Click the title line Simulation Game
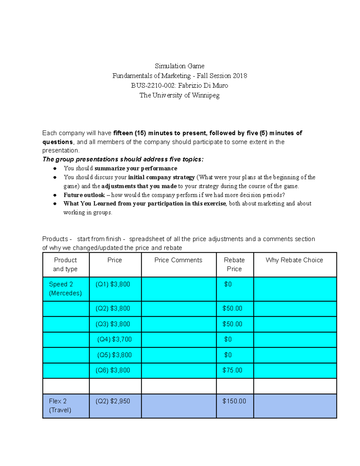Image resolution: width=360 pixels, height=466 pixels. tap(179, 66)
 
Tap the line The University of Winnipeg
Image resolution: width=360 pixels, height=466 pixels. tap(179, 95)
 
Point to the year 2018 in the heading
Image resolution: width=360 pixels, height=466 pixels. tap(240, 76)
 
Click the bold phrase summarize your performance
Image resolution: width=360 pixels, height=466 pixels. tap(136, 168)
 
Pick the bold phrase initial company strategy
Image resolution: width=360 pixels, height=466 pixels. tap(161, 177)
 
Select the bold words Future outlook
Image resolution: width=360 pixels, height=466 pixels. tap(84, 195)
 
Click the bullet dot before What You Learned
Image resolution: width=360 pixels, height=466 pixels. tap(55, 204)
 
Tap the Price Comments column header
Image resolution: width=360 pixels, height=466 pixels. tap(178, 260)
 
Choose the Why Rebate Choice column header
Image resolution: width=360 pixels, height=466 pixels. tap(294, 260)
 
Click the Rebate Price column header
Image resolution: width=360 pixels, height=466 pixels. tap(234, 264)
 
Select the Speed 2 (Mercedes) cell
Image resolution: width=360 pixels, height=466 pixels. tap(65, 289)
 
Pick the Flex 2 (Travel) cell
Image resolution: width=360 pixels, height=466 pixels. tap(60, 405)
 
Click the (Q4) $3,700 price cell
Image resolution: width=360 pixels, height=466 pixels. tap(114, 339)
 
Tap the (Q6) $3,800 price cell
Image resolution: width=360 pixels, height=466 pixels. tap(113, 370)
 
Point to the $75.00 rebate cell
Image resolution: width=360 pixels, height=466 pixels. tap(232, 370)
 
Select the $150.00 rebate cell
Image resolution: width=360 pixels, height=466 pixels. tap(234, 401)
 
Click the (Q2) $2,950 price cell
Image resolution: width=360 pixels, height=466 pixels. tap(113, 401)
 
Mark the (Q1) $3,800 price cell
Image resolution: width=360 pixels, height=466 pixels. tap(113, 284)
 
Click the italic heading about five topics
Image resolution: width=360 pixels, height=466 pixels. tap(123, 159)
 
